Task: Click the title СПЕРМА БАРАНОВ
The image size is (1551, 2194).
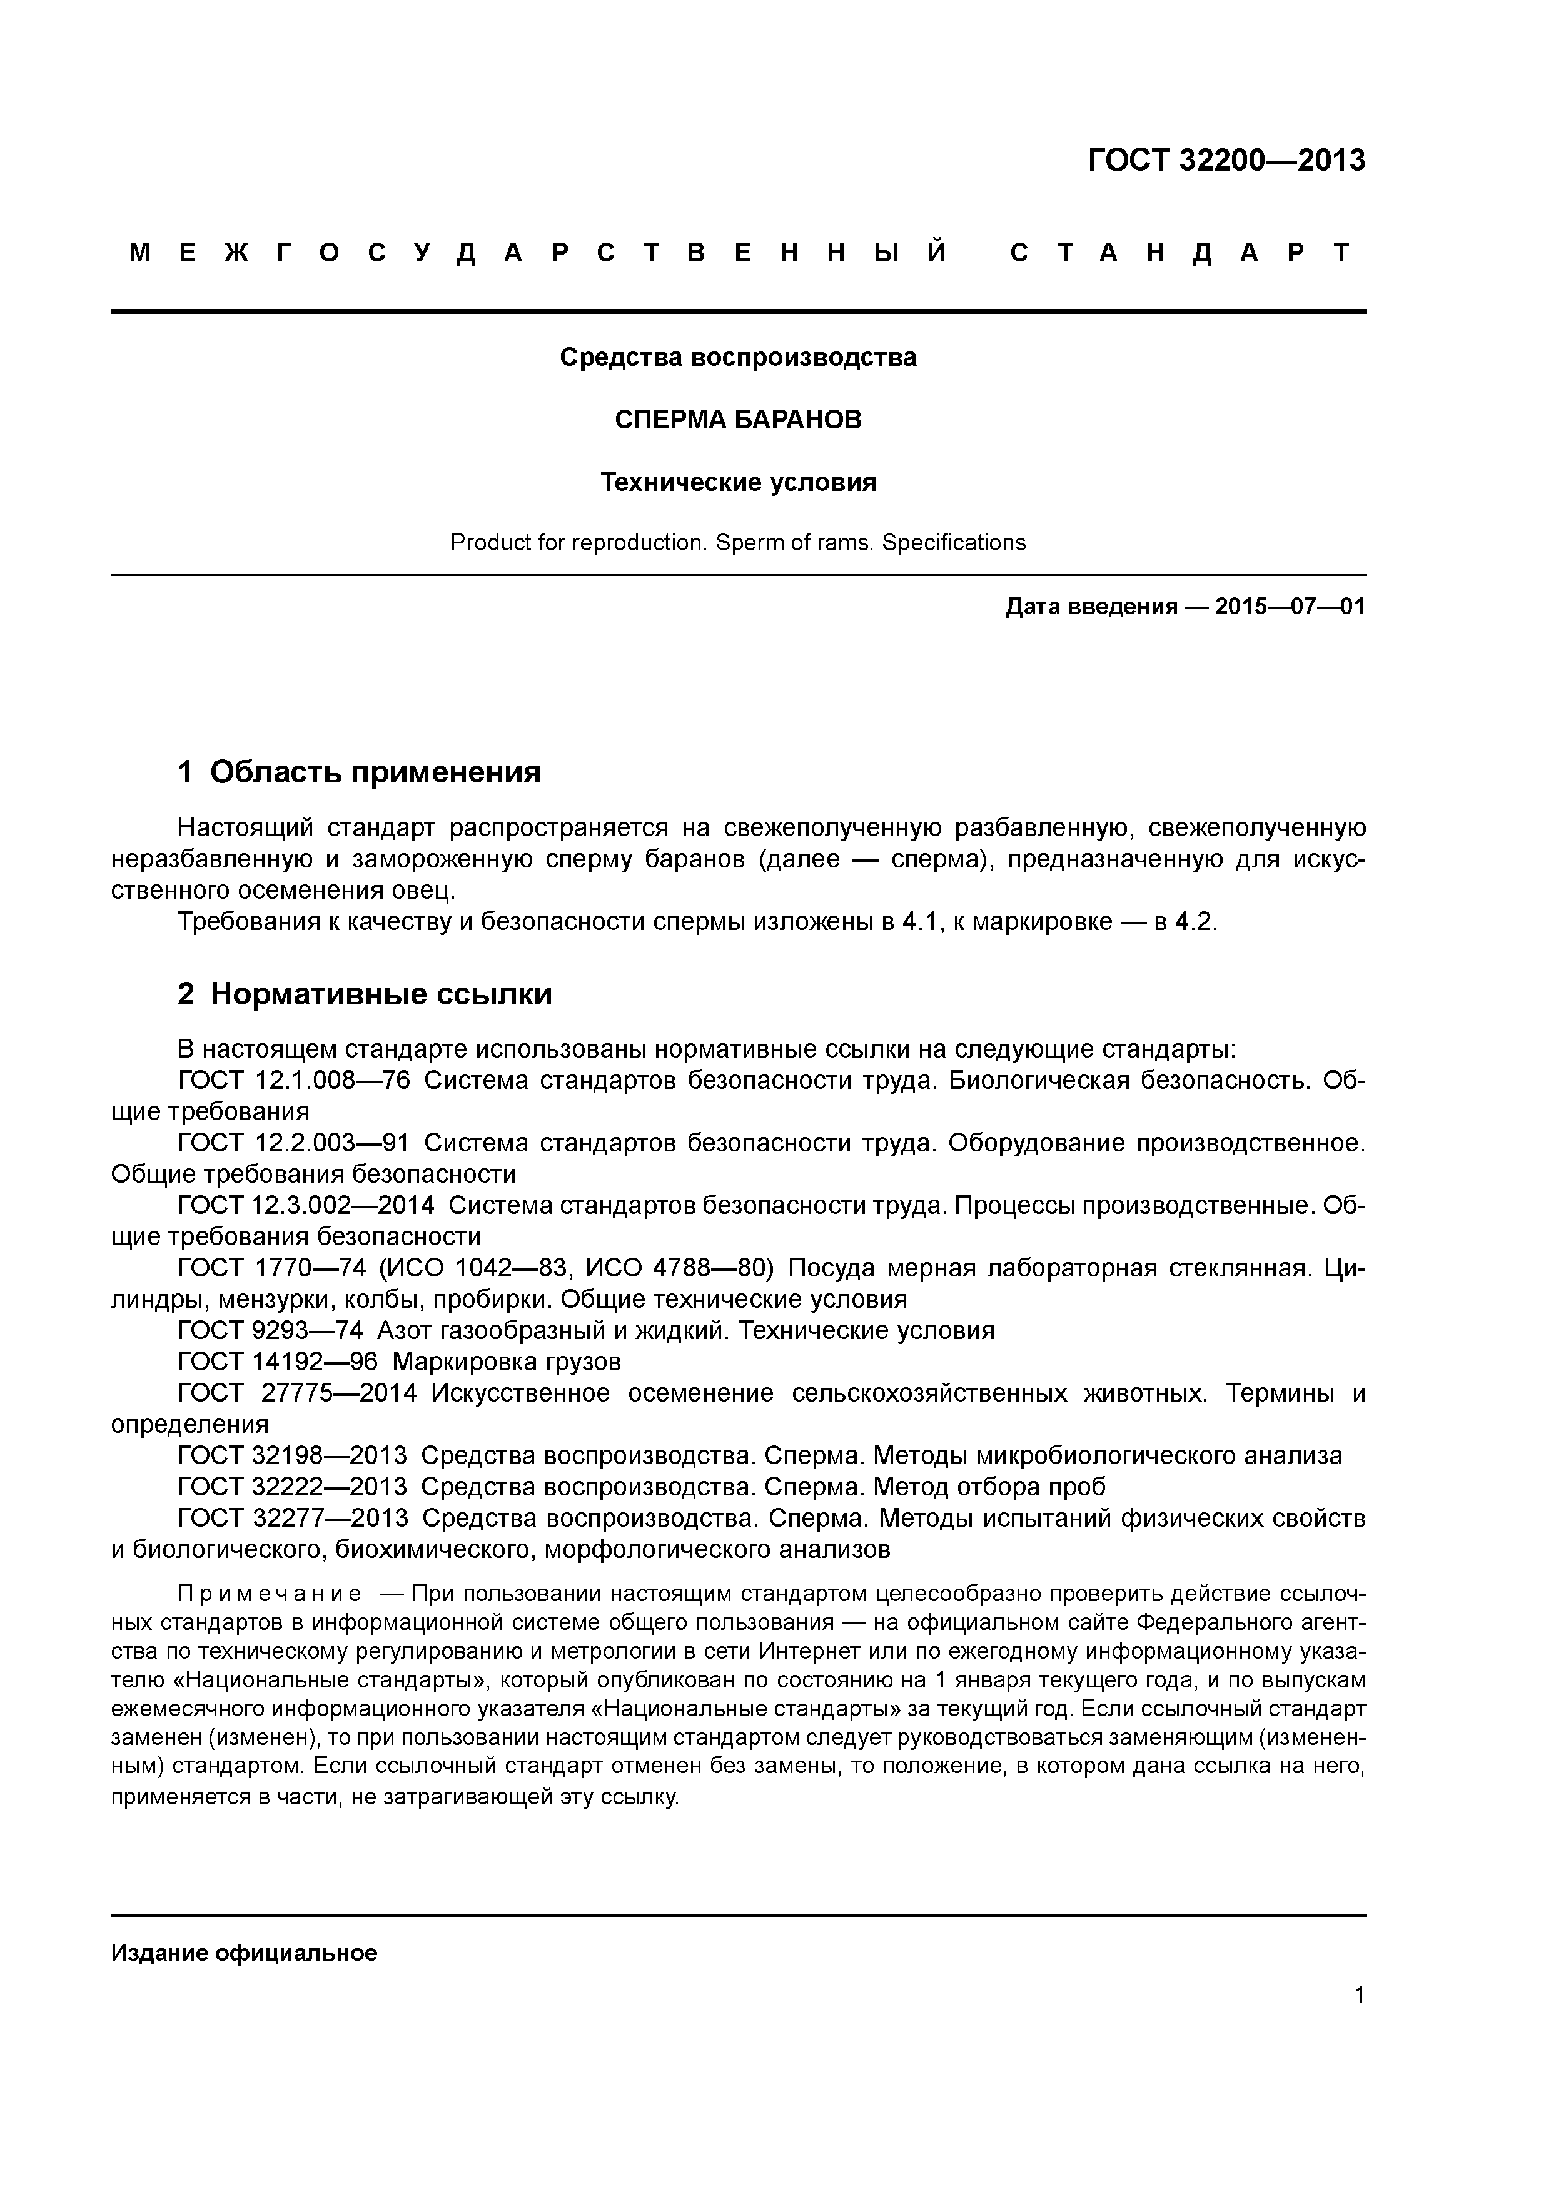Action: click(738, 420)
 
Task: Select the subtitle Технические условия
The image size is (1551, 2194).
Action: click(738, 483)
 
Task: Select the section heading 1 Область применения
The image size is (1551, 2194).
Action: click(360, 772)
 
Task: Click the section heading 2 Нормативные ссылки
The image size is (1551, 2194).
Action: click(365, 995)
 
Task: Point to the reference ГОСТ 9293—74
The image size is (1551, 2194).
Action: click(270, 1331)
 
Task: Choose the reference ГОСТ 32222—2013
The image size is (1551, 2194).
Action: click(293, 1487)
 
